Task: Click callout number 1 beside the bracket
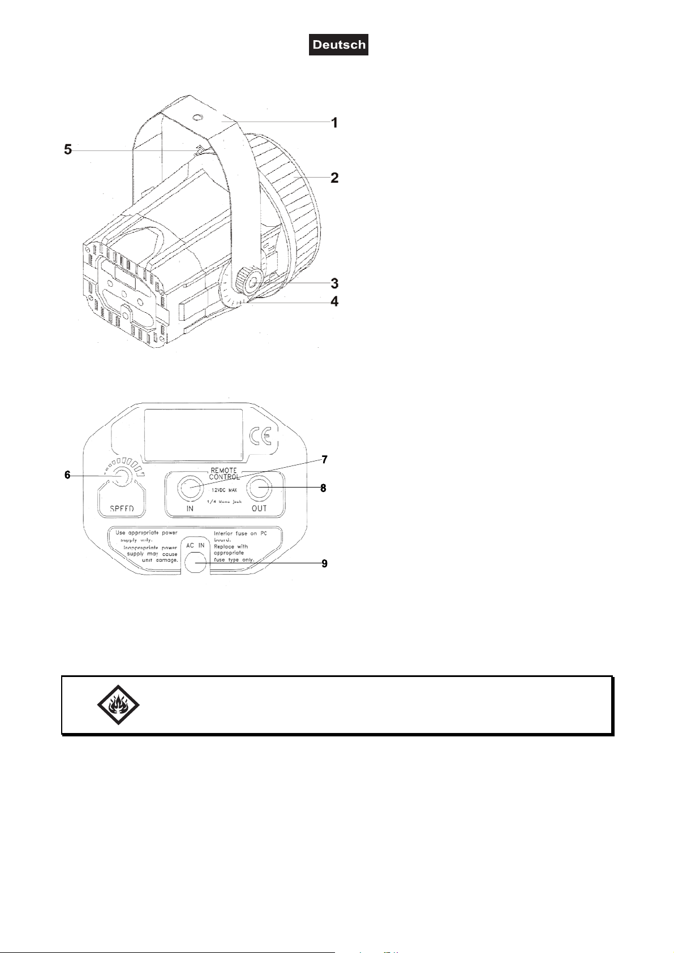pos(335,122)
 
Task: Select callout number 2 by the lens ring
pos(335,178)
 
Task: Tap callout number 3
pos(335,283)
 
